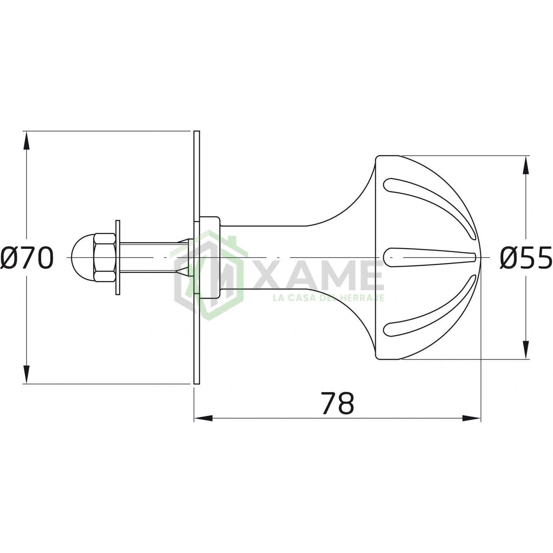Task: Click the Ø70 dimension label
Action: coord(27,258)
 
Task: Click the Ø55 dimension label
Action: coord(526,258)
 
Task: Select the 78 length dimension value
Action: coord(338,403)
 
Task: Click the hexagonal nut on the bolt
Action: coord(105,258)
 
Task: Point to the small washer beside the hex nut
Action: coord(118,258)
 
